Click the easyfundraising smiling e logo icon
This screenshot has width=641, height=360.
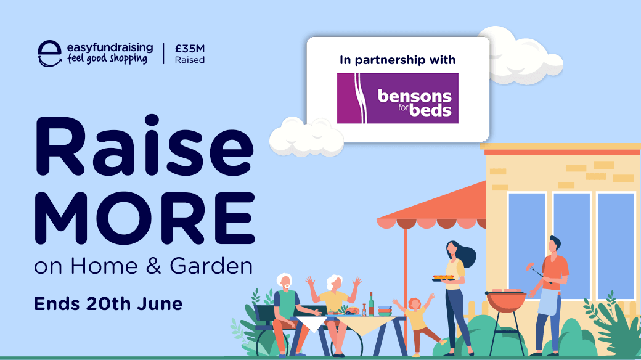click(49, 54)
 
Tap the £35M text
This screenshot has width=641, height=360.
click(190, 49)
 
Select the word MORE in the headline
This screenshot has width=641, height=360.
click(145, 218)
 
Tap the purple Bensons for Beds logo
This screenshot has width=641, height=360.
click(398, 98)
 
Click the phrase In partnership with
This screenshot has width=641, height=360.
click(398, 60)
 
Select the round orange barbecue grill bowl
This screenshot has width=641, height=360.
click(505, 301)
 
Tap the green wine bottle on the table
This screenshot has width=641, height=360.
click(371, 304)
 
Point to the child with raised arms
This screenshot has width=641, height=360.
click(416, 323)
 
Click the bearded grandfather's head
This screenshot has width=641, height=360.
click(284, 282)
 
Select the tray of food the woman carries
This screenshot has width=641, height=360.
click(444, 278)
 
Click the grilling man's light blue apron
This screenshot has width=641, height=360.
click(548, 301)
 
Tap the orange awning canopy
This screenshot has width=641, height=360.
click(431, 207)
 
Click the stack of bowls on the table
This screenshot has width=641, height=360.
click(385, 311)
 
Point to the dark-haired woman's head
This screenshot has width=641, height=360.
click(452, 248)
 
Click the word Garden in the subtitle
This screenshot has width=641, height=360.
click(211, 266)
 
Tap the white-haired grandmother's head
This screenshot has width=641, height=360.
click(334, 282)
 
